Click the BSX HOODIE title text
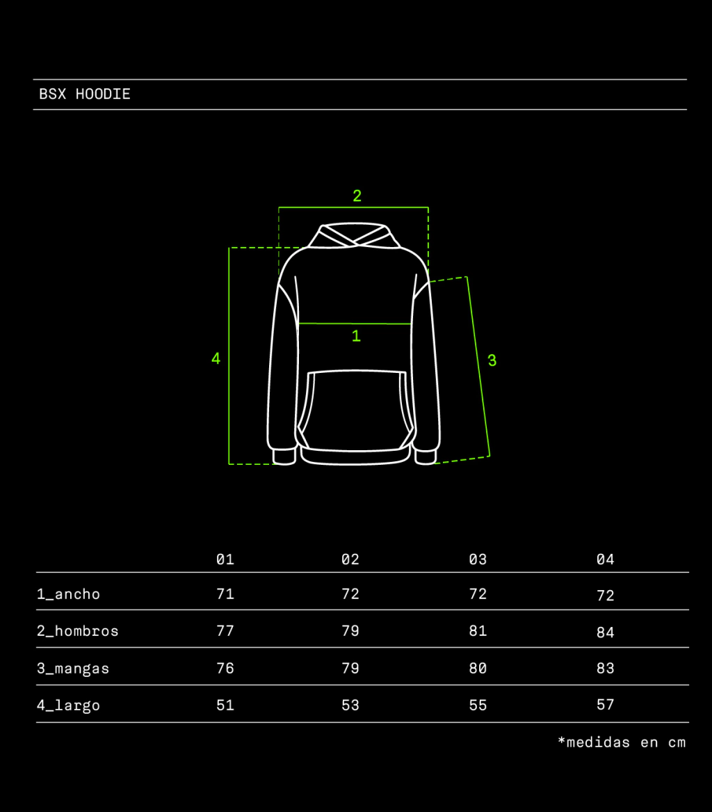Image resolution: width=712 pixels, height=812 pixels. click(x=85, y=94)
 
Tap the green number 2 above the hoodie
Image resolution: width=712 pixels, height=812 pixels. click(x=357, y=196)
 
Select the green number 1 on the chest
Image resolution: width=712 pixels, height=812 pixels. click(x=356, y=336)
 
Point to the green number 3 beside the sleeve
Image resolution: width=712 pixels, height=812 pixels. click(x=492, y=360)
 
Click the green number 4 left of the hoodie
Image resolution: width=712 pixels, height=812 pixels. click(x=216, y=358)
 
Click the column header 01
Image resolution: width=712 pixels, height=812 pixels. click(x=225, y=559)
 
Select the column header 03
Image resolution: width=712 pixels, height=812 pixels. click(x=478, y=559)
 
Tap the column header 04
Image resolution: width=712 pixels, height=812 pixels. click(x=605, y=559)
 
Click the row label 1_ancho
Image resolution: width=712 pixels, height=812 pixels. click(x=68, y=594)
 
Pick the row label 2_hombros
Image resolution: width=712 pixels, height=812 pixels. click(x=78, y=631)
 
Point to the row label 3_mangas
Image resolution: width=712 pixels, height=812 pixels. click(x=73, y=669)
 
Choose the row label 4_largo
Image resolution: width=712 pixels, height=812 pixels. click(x=68, y=706)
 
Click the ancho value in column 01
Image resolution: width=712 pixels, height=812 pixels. click(x=225, y=594)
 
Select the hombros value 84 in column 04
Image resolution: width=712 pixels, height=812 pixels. click(x=605, y=632)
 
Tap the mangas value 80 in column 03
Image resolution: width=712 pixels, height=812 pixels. click(x=478, y=668)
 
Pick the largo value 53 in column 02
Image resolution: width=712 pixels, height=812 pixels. click(x=350, y=705)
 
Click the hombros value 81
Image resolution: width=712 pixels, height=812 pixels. click(x=478, y=631)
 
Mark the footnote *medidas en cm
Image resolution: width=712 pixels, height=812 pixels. click(x=622, y=742)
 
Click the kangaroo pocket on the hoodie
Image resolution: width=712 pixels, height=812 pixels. click(x=356, y=409)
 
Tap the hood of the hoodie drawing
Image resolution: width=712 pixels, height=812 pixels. click(x=354, y=236)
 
